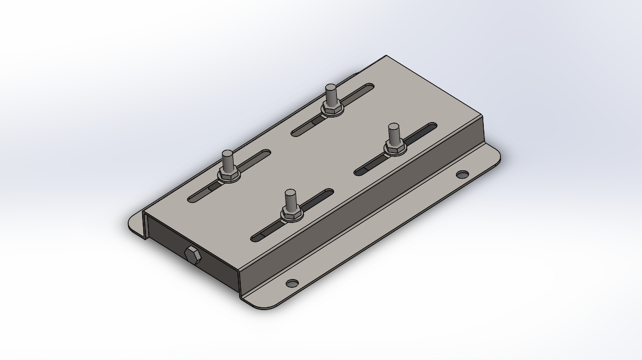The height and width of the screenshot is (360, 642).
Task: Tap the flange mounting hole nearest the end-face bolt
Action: (292, 283)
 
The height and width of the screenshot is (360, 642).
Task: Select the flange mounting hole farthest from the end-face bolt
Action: (462, 175)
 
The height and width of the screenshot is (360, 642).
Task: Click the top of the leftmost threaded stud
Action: (228, 154)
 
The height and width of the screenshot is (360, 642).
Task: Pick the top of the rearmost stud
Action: (331, 88)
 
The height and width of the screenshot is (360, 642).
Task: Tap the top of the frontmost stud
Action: (290, 193)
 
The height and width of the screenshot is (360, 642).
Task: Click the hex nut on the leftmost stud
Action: (228, 175)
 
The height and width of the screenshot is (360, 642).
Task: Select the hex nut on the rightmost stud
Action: (395, 148)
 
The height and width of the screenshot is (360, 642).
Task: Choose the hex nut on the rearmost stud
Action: (331, 109)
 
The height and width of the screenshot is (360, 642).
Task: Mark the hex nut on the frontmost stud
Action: (291, 214)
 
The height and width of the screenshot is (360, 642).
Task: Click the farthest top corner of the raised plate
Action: (386, 57)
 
